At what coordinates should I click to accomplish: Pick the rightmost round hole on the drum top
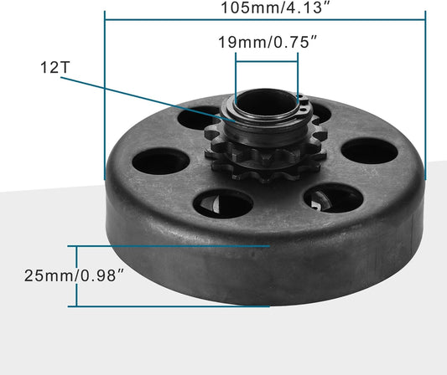pyautogui.click(x=368, y=151)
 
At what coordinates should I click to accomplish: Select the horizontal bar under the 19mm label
pyautogui.click(x=267, y=59)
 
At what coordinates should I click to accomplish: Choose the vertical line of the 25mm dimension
pyautogui.click(x=78, y=276)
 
